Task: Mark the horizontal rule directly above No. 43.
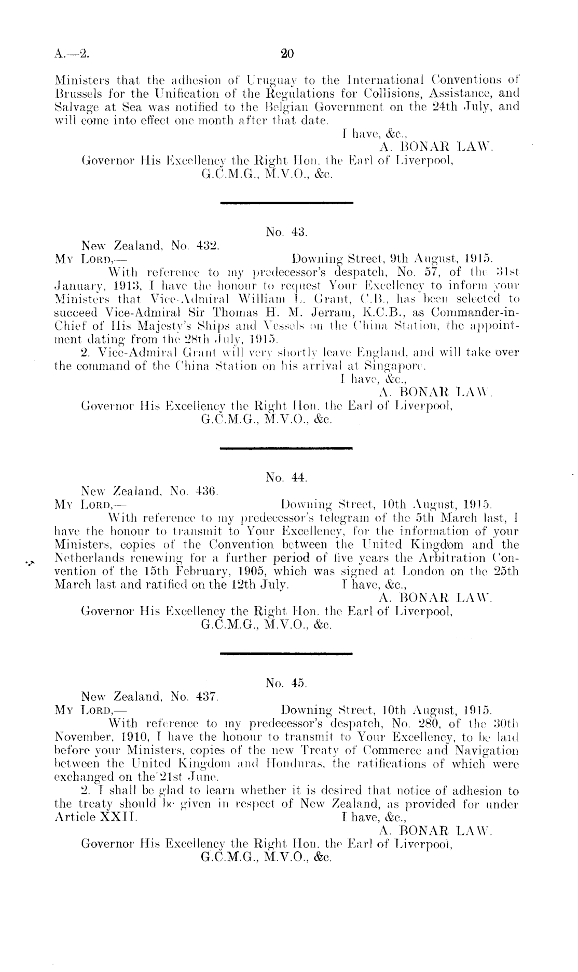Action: tap(287, 203)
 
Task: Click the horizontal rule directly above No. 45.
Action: tap(287, 653)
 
